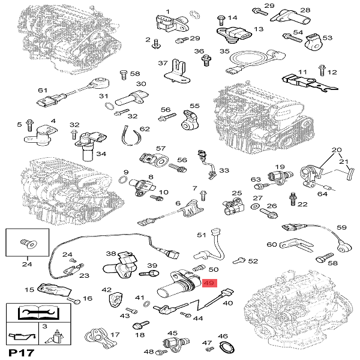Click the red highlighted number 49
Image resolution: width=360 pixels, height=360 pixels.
click(x=210, y=284)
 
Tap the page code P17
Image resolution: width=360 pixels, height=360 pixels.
click(x=19, y=352)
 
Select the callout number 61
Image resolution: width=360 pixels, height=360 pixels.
click(x=42, y=90)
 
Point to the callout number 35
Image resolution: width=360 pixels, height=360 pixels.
click(x=225, y=52)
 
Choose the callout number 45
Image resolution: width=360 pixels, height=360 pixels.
click(x=173, y=333)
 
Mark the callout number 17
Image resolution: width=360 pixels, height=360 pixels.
click(x=115, y=335)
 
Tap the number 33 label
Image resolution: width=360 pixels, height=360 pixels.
click(x=224, y=170)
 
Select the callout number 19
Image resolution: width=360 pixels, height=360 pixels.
click(x=279, y=166)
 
